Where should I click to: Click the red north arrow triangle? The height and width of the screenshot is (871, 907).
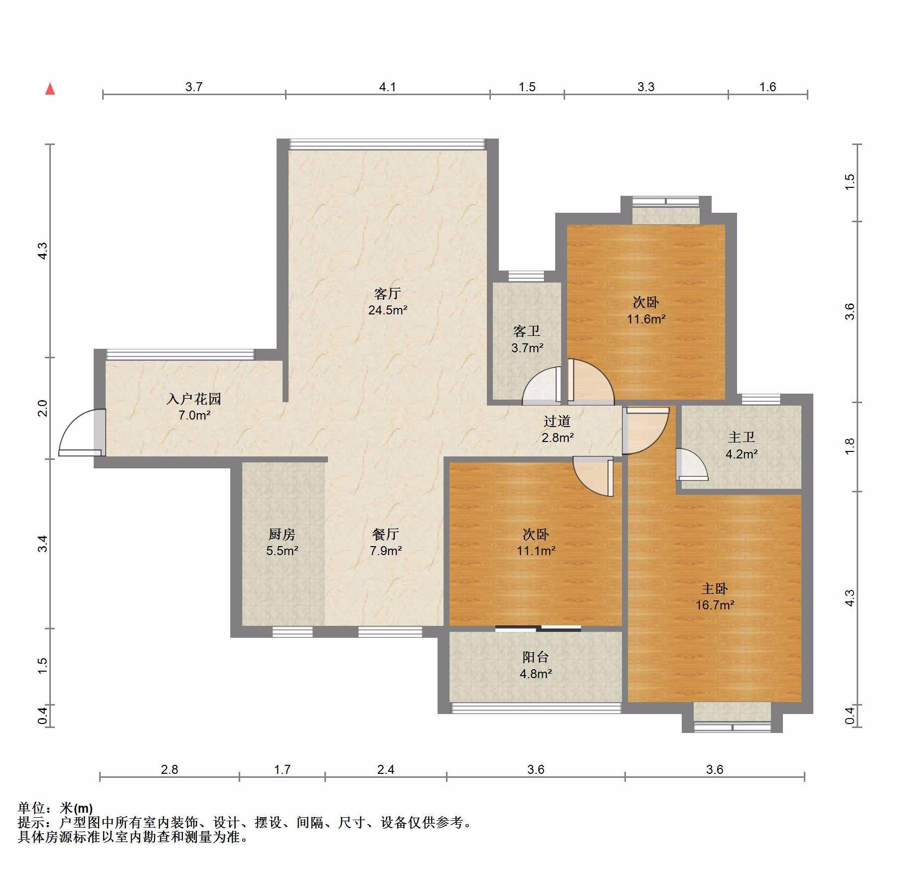(x=50, y=89)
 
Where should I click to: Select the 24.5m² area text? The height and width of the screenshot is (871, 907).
(x=388, y=310)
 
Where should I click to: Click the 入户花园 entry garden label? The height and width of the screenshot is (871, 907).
(x=194, y=399)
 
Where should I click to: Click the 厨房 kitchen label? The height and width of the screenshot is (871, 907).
(x=282, y=534)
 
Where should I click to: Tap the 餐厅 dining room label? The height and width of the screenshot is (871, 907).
(x=386, y=534)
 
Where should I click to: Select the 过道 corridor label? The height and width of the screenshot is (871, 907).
(x=557, y=421)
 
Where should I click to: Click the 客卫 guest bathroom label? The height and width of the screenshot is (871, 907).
(x=527, y=331)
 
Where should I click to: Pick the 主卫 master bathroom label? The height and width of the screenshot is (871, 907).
(x=742, y=437)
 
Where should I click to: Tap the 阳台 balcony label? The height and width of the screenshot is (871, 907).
(x=536, y=657)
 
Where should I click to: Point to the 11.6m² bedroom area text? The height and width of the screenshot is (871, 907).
(x=646, y=319)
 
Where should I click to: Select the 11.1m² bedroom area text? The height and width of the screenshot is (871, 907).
(x=536, y=551)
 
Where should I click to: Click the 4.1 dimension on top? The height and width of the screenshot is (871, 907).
(x=387, y=87)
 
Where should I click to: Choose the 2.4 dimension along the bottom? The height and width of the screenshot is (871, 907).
(x=386, y=769)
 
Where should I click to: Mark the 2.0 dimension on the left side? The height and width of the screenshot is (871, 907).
(x=43, y=408)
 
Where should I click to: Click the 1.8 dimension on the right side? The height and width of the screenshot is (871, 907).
(x=850, y=445)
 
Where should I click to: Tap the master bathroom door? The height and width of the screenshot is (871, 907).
(x=692, y=464)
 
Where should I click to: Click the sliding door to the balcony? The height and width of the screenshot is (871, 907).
(x=538, y=628)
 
